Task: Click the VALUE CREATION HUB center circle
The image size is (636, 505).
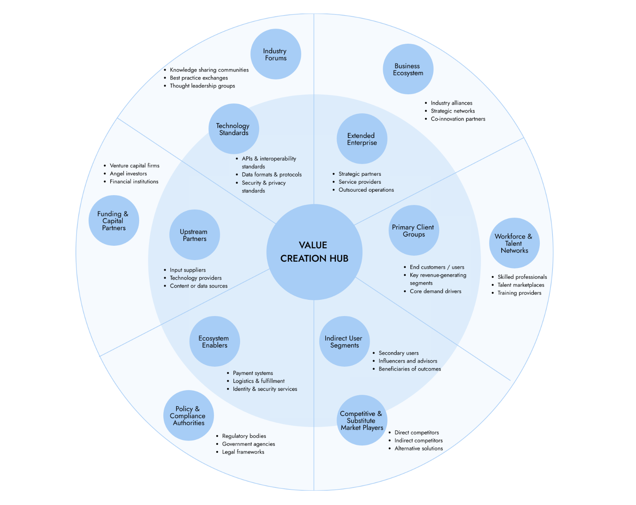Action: pos(314,252)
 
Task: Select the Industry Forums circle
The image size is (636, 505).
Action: pos(275,54)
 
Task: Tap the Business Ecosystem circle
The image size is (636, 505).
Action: pos(408,69)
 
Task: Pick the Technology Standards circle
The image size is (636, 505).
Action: pos(234,129)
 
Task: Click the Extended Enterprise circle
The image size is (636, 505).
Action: pos(362,139)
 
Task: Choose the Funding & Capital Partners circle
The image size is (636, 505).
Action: pos(114,220)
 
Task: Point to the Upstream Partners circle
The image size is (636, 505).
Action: pos(194,235)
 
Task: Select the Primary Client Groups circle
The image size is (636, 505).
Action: pos(413,230)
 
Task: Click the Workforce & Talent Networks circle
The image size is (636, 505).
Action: pos(514,243)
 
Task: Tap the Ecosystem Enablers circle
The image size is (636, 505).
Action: pos(215,341)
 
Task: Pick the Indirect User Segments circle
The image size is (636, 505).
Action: pos(344,341)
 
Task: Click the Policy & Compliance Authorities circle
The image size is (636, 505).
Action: pos(188,416)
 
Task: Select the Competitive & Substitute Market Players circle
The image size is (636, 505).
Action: pos(362,420)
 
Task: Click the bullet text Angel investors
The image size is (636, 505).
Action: pos(128,174)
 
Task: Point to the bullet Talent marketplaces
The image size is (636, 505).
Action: pos(521,285)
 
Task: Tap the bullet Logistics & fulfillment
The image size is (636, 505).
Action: pos(258,381)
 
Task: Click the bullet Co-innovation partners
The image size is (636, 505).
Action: pos(458,119)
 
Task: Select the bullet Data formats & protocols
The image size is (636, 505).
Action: pos(271,175)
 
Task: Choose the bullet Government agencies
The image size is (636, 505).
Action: pos(248,444)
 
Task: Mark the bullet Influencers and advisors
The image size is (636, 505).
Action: pos(408,361)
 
